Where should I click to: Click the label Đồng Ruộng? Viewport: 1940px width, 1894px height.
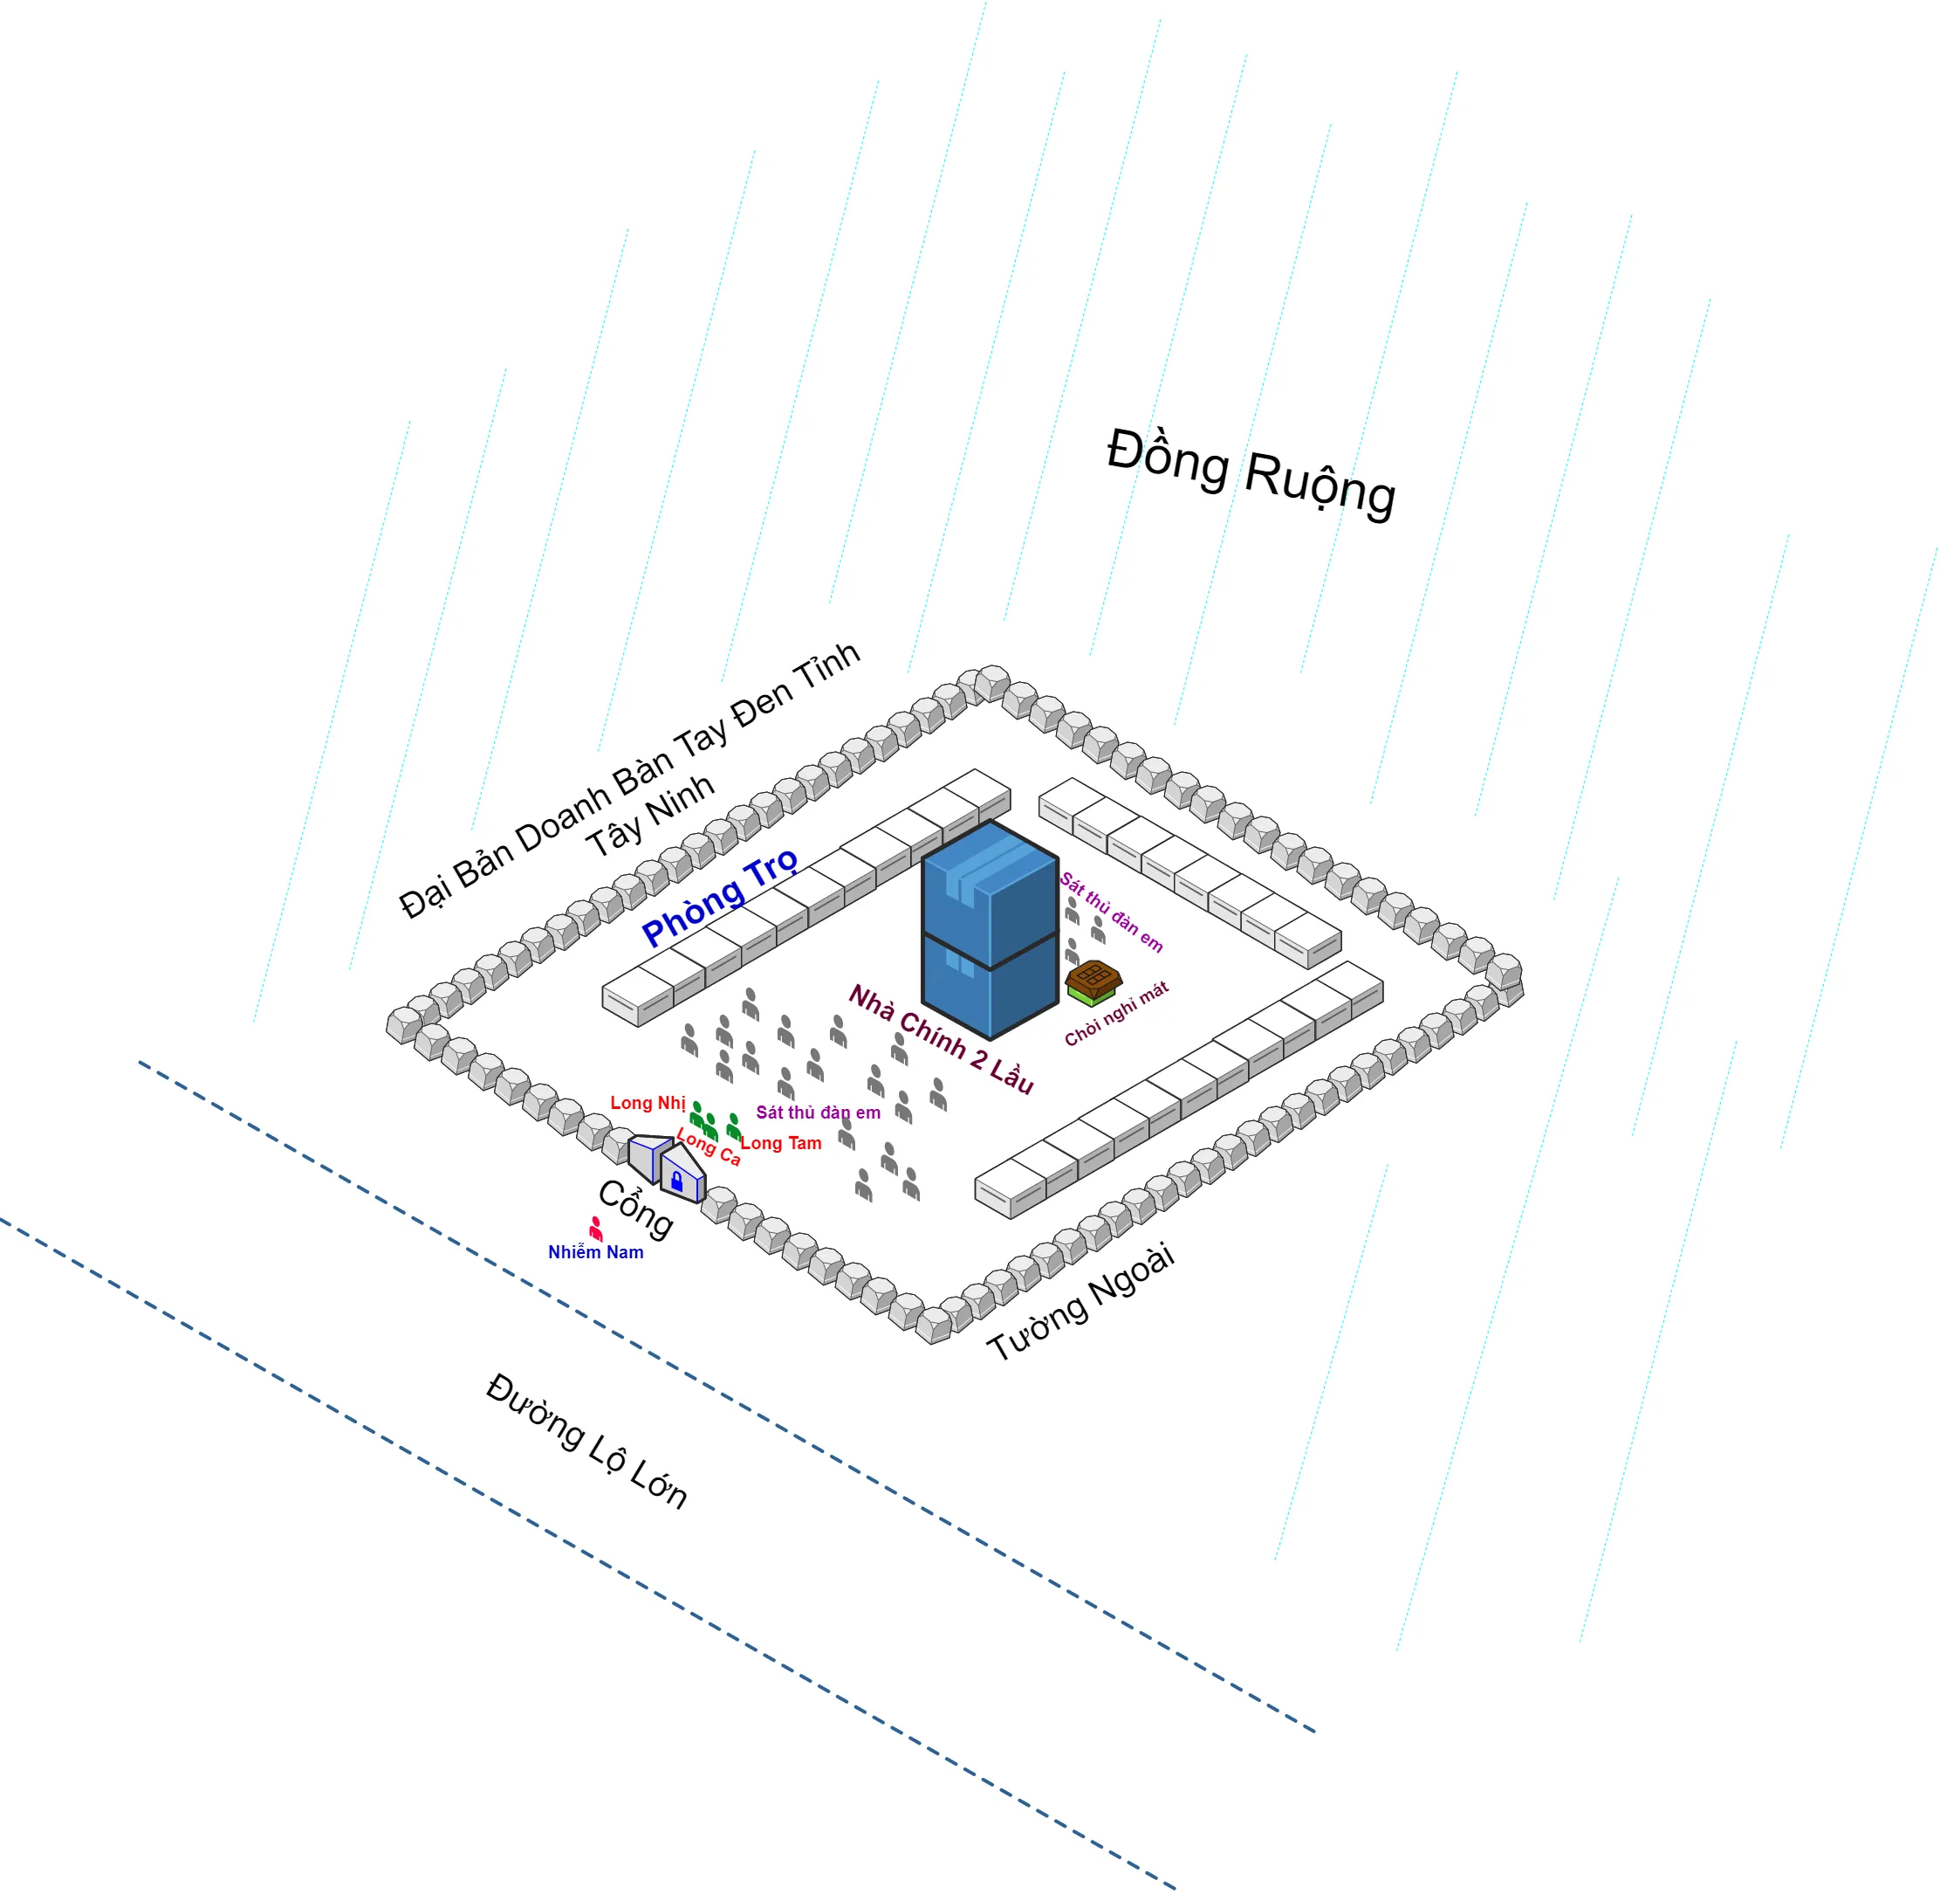pyautogui.click(x=1250, y=472)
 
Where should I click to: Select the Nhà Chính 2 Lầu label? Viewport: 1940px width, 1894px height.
pyautogui.click(x=941, y=1038)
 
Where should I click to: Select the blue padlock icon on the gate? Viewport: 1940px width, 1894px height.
pyautogui.click(x=677, y=1181)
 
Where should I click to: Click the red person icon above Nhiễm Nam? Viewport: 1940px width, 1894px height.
pyautogui.click(x=596, y=1228)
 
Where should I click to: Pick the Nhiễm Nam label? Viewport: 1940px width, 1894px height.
pyautogui.click(x=596, y=1252)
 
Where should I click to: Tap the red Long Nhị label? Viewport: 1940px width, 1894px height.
pyautogui.click(x=648, y=1103)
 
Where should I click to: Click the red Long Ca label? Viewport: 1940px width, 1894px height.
pyautogui.click(x=709, y=1147)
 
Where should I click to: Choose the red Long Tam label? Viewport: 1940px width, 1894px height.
pyautogui.click(x=782, y=1144)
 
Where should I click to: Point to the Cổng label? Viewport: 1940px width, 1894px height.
pyautogui.click(x=636, y=1209)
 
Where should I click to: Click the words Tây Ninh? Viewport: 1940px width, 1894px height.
pyautogui.click(x=650, y=815)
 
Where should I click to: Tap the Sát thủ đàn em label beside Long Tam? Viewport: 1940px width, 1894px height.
pyautogui.click(x=818, y=1113)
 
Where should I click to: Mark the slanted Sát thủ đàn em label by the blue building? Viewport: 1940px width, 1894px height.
pyautogui.click(x=1111, y=911)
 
